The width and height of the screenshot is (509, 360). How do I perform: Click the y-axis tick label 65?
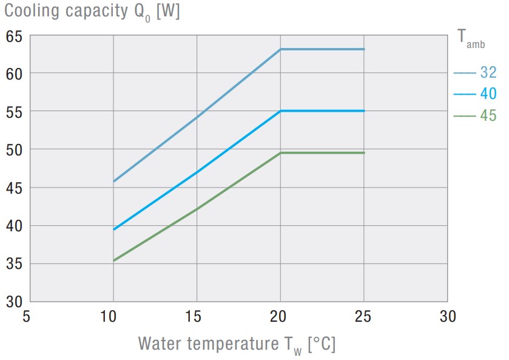(14, 36)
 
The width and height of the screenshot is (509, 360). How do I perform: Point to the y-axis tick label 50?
(14, 149)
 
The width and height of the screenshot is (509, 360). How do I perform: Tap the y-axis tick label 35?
(14, 264)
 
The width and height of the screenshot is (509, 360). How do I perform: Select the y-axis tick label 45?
(14, 188)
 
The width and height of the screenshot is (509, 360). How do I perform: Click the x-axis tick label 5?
(26, 316)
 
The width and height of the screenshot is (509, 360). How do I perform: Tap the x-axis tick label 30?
(447, 316)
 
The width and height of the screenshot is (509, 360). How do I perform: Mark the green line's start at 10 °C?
(114, 260)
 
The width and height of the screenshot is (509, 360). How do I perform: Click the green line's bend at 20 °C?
(280, 153)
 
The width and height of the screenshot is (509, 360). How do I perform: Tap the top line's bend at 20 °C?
(280, 49)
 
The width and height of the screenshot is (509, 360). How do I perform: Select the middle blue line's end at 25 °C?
(364, 111)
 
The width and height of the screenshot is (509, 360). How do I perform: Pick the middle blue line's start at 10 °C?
(114, 229)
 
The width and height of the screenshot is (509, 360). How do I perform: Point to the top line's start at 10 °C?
(114, 181)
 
